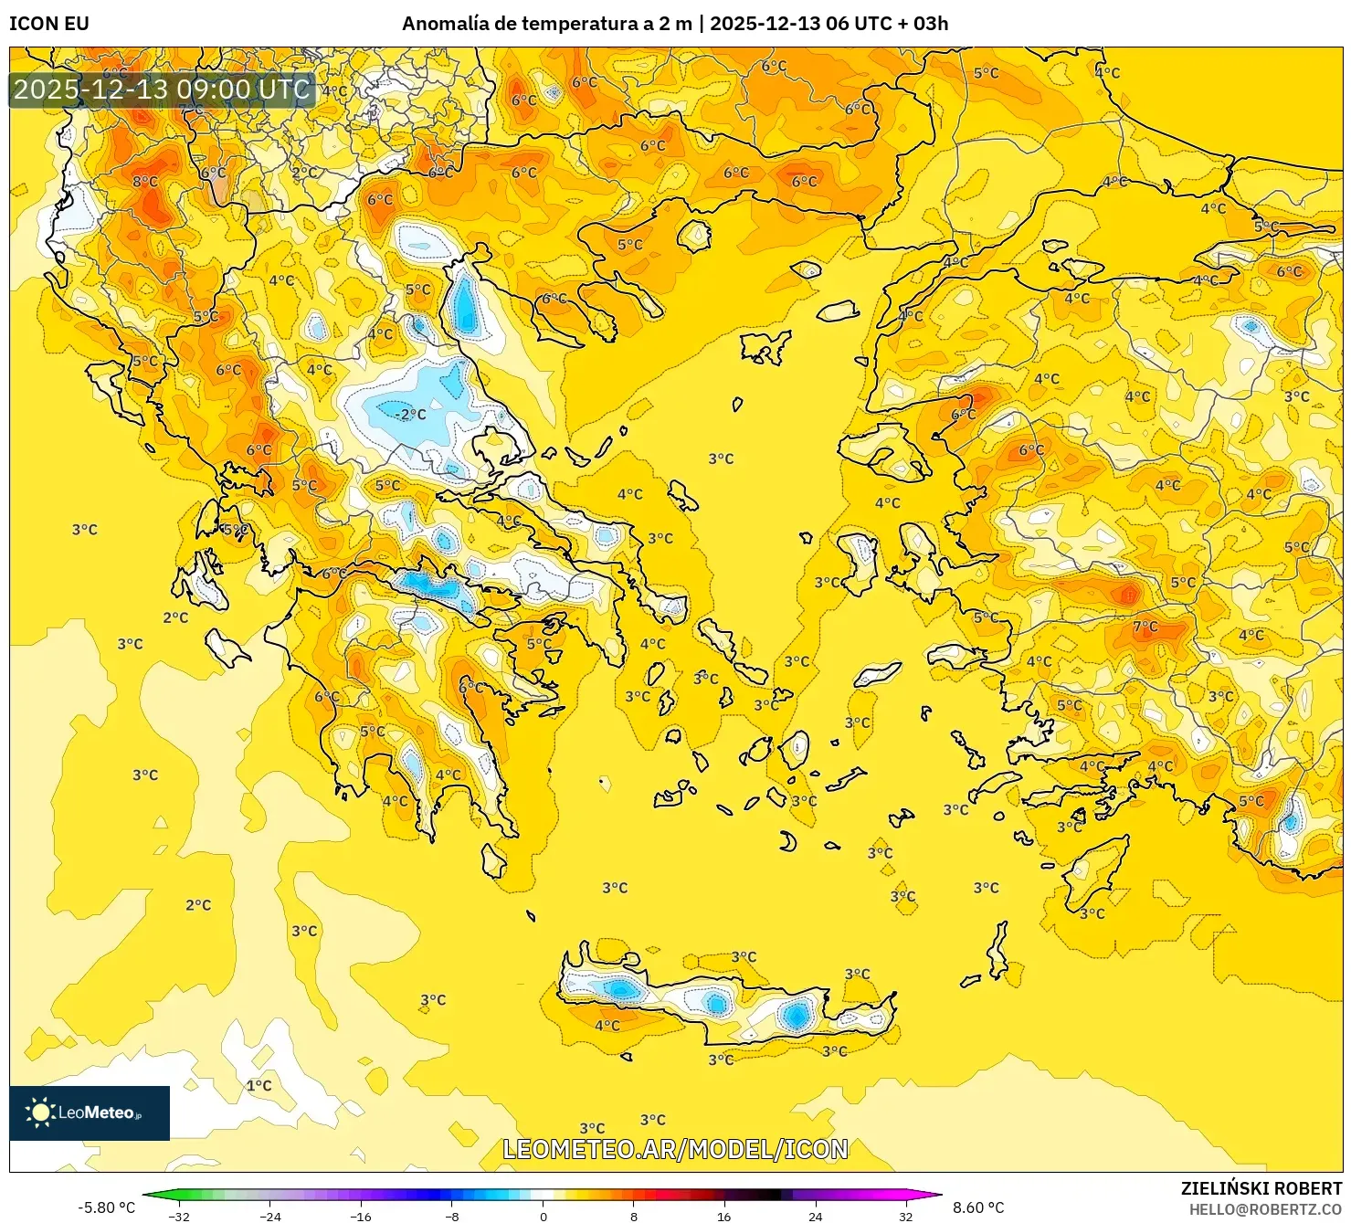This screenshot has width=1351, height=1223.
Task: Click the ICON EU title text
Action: [49, 24]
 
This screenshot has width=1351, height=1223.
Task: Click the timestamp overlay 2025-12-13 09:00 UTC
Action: [163, 90]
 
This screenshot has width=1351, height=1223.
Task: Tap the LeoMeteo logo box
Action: [90, 1112]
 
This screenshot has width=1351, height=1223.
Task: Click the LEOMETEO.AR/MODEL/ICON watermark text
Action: [675, 1149]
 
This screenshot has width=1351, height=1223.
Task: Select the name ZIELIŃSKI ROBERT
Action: [1261, 1188]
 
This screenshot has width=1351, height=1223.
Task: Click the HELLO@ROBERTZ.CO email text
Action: [1265, 1209]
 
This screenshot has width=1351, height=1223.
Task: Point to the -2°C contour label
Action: [410, 414]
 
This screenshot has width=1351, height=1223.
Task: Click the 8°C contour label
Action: [145, 182]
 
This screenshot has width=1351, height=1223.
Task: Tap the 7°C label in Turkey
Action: [1145, 627]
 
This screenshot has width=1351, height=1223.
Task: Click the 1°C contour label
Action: [259, 1085]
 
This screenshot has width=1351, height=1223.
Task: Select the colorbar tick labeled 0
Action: [544, 1216]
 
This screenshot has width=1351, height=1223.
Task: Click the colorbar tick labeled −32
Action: [179, 1216]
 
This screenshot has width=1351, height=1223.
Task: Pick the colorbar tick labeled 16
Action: [723, 1216]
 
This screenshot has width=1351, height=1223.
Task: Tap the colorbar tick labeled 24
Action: [815, 1216]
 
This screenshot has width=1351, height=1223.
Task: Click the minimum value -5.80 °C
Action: [106, 1207]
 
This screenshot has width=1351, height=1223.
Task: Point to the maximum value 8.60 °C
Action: [978, 1207]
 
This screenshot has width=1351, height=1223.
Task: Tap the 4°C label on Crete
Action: [607, 1026]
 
